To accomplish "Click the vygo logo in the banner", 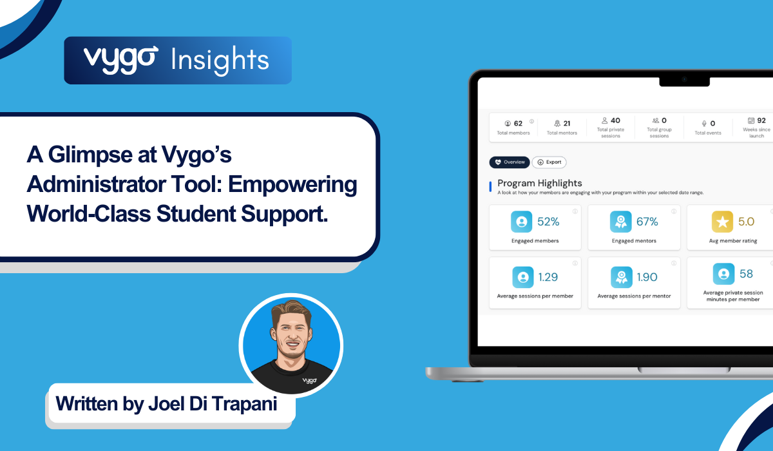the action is point(121,60).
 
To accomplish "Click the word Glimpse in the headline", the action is point(90,154).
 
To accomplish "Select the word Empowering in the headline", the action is point(292,184).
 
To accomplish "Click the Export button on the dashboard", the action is point(549,162).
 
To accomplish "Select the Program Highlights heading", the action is point(539,183).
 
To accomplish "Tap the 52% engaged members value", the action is point(548,222).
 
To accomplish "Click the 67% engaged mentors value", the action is point(647,222).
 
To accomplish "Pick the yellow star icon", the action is point(722,222).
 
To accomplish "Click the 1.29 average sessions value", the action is point(548,277).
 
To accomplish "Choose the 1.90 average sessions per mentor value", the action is point(647,277).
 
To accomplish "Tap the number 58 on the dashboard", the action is point(746,274).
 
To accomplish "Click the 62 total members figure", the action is point(518,124).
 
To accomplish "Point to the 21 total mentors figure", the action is point(567,124).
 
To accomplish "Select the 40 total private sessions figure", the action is point(615,120).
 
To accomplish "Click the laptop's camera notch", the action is point(684,81).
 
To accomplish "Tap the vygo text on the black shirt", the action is point(310,380).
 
